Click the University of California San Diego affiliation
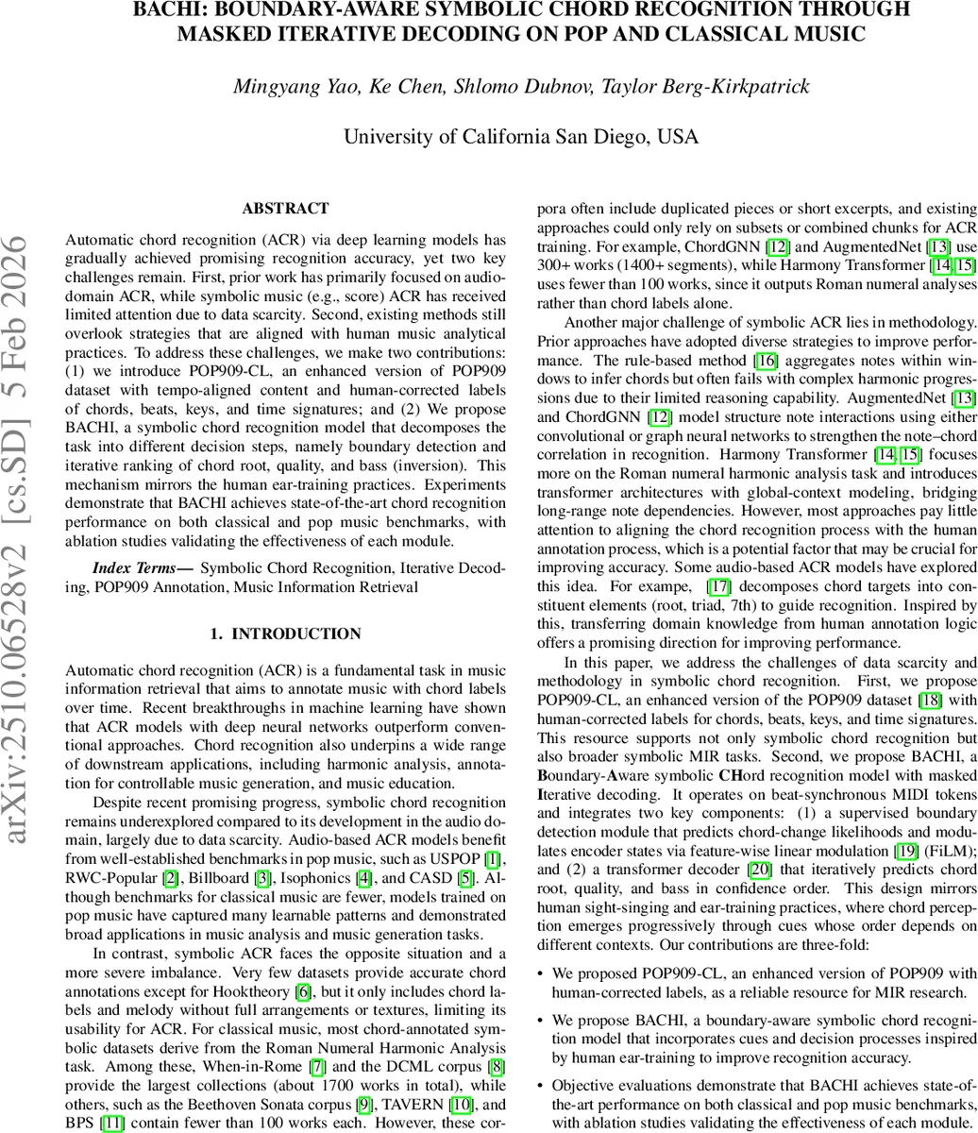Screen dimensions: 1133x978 (520, 137)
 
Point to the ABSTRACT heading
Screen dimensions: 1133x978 (285, 209)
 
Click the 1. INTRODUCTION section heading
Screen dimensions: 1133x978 (285, 634)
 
